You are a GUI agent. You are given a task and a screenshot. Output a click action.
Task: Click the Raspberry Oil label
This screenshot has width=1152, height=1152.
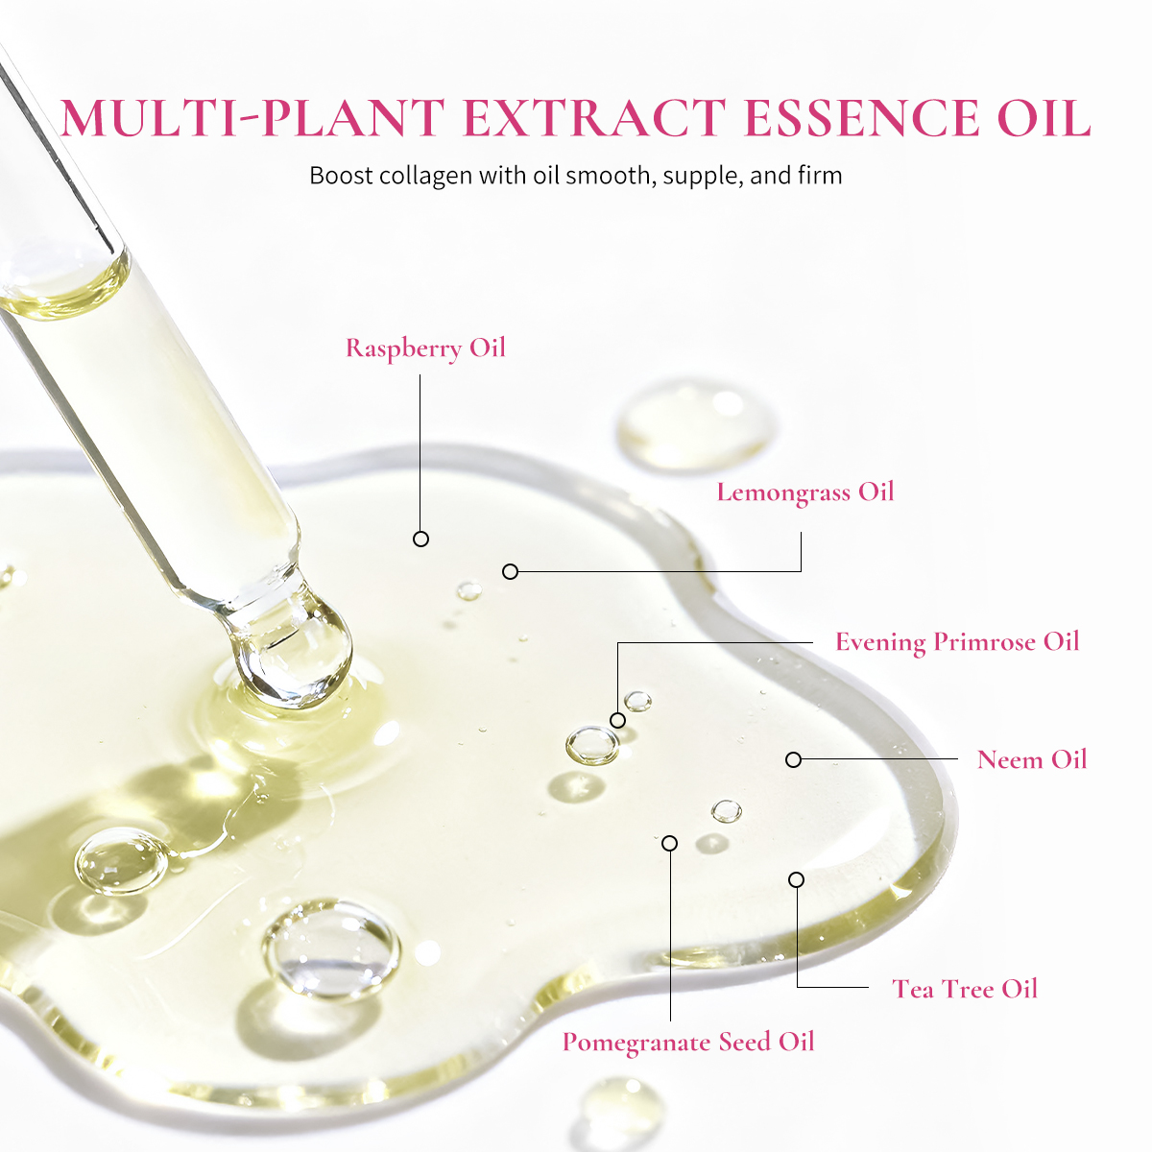(x=425, y=348)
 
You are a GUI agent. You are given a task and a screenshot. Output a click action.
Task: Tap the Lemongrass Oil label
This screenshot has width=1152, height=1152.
(x=804, y=492)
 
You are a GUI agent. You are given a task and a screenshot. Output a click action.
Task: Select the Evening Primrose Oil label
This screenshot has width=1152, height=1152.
(x=956, y=642)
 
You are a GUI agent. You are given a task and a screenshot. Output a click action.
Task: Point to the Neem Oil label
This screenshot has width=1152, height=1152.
(x=1031, y=759)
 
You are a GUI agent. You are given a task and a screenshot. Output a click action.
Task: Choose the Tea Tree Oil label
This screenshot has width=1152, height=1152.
(x=964, y=989)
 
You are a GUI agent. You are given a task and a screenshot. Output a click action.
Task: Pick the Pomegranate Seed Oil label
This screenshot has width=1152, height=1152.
(x=687, y=1043)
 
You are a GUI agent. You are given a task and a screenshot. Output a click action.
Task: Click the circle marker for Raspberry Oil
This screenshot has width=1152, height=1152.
(x=420, y=540)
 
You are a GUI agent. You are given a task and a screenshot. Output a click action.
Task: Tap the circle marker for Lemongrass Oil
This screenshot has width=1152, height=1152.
(x=511, y=572)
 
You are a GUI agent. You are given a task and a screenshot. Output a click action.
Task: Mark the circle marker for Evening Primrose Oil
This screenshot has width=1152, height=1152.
(x=617, y=720)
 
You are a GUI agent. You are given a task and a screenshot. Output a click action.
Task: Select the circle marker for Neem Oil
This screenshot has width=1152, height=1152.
(x=793, y=759)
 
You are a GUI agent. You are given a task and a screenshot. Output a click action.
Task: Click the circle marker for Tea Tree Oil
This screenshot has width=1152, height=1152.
(x=796, y=879)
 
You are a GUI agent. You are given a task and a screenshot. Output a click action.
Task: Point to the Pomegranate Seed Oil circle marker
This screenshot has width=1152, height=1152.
(x=670, y=843)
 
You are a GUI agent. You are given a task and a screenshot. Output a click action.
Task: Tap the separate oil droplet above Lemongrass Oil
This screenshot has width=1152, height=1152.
(x=693, y=424)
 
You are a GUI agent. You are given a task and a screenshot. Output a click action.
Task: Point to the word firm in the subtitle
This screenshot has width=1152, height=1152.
(x=820, y=176)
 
